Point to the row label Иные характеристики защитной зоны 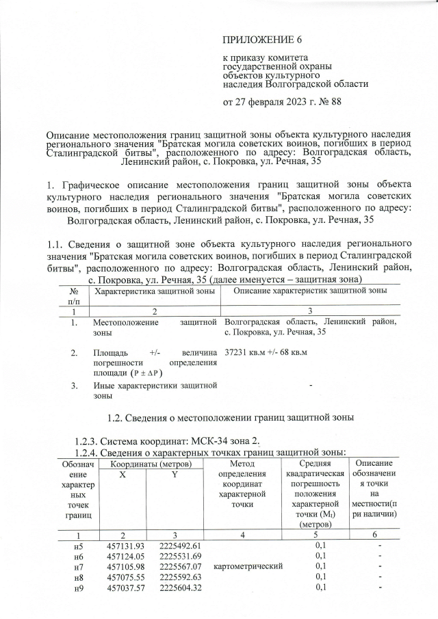(154, 390)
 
